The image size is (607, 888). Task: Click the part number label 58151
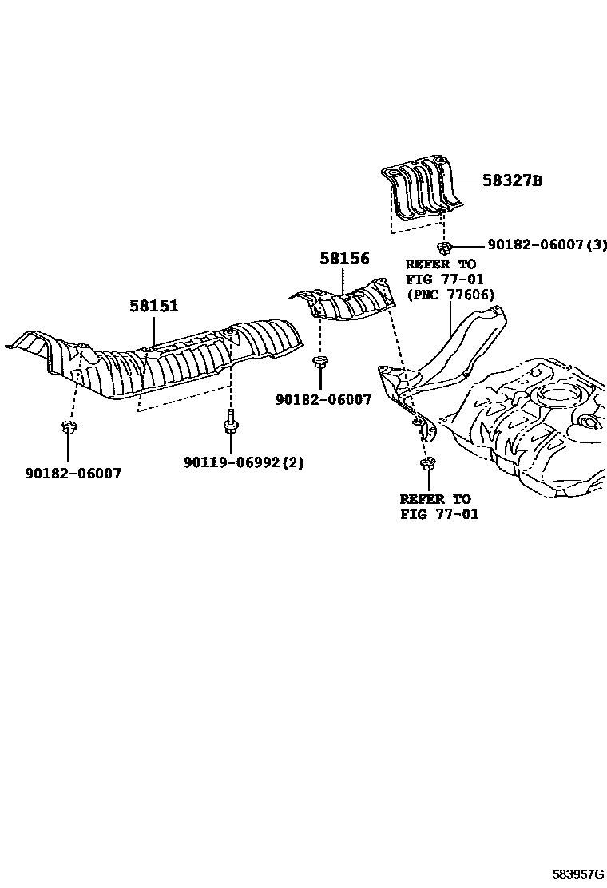[154, 306]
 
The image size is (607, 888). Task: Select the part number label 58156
[344, 258]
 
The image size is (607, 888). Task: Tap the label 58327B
[512, 181]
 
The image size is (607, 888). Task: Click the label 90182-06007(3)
[540, 245]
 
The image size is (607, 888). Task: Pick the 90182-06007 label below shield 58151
[72, 473]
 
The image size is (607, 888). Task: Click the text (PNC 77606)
[450, 294]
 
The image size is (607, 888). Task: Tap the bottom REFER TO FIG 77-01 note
[439, 506]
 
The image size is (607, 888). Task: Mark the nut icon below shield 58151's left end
[67, 427]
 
